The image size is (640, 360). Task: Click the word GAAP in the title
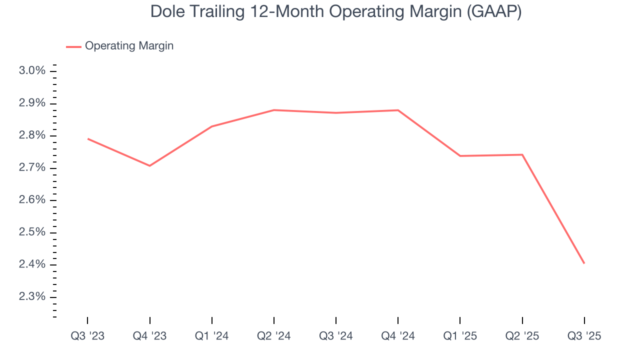493,12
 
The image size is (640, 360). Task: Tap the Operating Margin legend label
129,46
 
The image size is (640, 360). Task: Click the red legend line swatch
73,46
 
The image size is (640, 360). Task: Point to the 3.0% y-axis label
32,71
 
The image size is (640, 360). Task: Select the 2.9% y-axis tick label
32,103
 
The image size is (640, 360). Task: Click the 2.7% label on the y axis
32,168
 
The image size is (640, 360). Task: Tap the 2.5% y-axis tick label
32,232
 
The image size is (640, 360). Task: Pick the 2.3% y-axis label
32,297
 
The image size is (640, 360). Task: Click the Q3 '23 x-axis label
87,336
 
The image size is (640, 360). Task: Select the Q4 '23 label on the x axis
149,336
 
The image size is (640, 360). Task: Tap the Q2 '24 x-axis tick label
274,336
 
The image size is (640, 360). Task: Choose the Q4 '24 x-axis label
398,336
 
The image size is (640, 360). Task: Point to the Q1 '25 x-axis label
460,336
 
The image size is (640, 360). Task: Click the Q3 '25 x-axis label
584,336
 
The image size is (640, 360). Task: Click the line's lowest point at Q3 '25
584,263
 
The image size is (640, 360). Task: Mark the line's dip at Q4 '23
149,165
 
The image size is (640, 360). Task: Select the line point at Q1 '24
212,126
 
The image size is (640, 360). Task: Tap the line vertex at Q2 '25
522,154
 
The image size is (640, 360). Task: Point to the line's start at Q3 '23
88,138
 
